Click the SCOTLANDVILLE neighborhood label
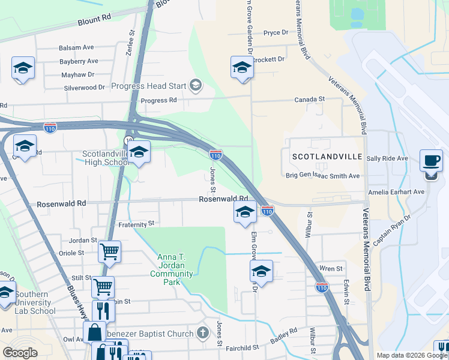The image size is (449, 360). [x=328, y=156]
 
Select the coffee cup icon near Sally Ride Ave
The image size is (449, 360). [x=430, y=162]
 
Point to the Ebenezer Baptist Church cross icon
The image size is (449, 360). [x=203, y=333]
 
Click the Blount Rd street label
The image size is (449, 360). [x=94, y=20]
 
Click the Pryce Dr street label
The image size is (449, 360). [x=276, y=32]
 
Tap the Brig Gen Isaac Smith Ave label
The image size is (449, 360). [x=322, y=176]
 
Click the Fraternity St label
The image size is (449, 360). [x=136, y=224]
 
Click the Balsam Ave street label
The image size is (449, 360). [x=76, y=47]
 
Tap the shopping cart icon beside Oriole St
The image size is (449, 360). [x=109, y=253]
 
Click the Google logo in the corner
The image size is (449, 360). [x=20, y=353]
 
